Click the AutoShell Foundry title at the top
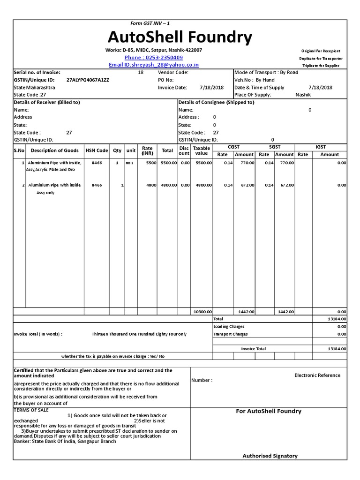click(180, 37)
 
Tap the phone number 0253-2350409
click(154, 57)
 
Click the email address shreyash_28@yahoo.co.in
click(154, 65)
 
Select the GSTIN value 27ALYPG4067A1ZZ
click(88, 80)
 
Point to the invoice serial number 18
click(141, 73)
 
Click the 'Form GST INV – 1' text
click(153, 23)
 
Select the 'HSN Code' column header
click(97, 150)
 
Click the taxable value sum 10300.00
click(202, 311)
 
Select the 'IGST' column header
click(321, 147)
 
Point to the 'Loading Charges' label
click(229, 326)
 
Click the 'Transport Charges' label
click(230, 334)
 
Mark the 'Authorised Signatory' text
click(270, 456)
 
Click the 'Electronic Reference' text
click(317, 375)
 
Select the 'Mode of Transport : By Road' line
click(266, 73)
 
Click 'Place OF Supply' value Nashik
click(303, 95)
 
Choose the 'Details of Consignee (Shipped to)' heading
click(217, 102)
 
